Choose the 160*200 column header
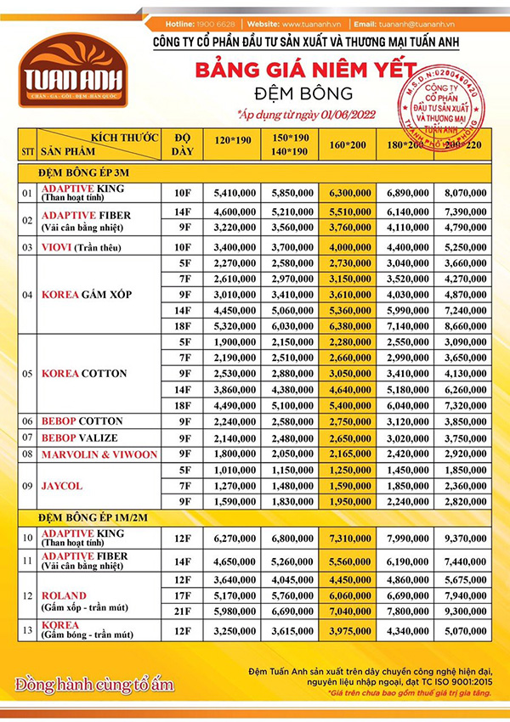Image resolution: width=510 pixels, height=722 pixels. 348,146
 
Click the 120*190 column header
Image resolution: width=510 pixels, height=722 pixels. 233,139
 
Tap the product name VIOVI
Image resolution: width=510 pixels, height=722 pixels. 58,246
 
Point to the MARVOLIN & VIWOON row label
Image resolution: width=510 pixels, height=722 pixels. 99,454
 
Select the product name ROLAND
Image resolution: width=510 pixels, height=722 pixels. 64,595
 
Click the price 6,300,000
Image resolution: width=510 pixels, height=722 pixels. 348,194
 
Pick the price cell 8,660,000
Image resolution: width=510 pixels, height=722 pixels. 465,325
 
